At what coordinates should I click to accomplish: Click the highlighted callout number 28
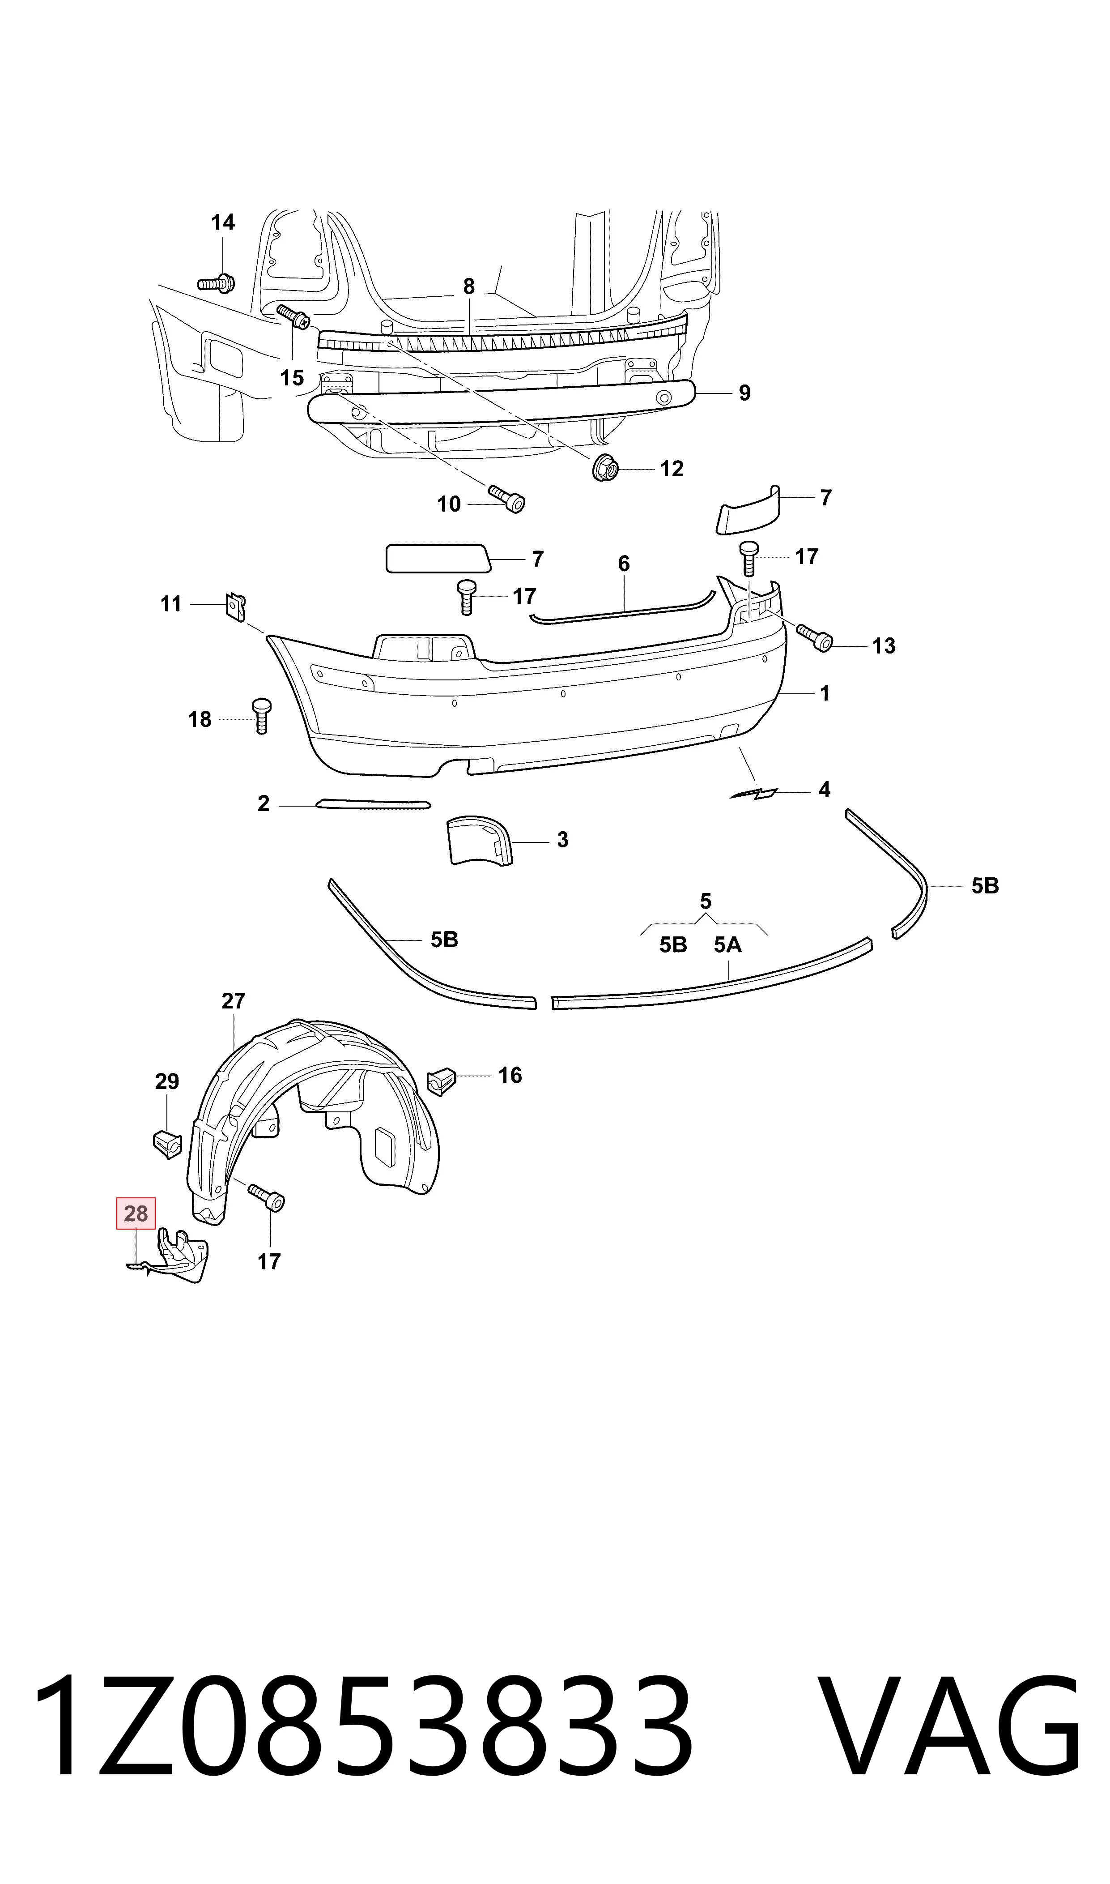136,1213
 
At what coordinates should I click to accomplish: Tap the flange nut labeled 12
606,468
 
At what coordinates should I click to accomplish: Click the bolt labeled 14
217,284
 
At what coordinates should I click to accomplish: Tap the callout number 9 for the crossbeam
744,393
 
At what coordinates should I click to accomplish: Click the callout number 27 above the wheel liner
234,1000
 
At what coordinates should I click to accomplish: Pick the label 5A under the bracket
728,945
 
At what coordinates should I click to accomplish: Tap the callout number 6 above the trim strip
624,564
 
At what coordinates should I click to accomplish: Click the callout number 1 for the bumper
824,694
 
